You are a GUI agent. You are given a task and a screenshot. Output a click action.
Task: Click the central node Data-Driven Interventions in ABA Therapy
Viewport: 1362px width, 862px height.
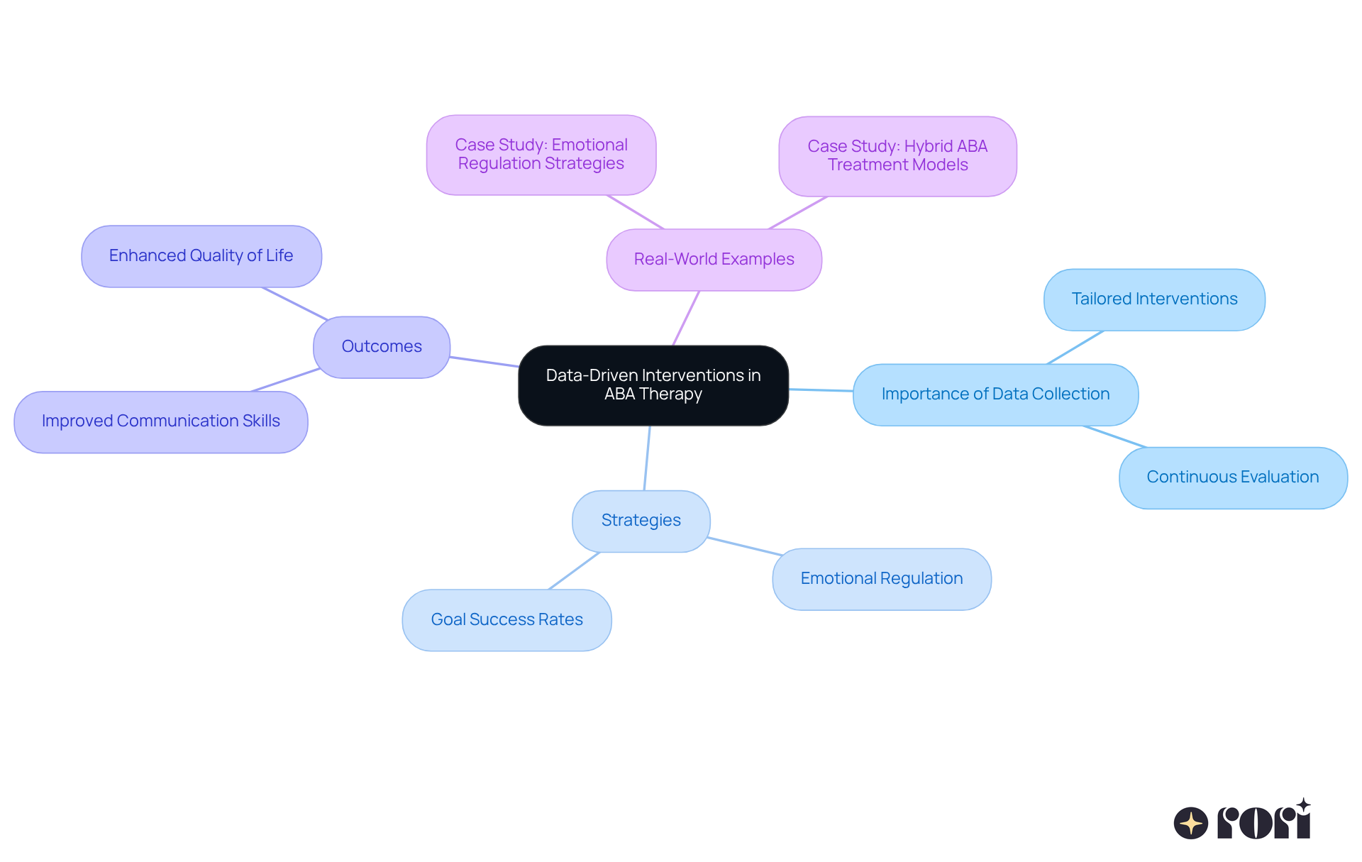(653, 385)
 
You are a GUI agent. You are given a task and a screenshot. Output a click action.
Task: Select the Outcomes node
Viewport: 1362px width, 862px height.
(382, 347)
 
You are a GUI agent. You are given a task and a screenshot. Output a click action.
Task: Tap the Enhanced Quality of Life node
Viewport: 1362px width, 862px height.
(201, 256)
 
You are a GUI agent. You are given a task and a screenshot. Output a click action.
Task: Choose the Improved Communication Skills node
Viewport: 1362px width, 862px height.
(161, 421)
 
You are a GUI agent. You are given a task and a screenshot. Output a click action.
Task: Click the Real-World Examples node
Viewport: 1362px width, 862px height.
(714, 260)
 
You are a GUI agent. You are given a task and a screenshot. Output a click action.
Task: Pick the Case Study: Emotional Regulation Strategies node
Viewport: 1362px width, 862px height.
(541, 155)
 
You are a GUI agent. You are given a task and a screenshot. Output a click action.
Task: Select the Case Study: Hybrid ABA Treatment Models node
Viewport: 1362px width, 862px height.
(897, 156)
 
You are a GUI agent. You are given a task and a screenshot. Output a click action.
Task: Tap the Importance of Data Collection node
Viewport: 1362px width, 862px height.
(995, 394)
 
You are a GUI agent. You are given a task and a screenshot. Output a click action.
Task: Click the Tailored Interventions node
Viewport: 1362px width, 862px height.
(1154, 299)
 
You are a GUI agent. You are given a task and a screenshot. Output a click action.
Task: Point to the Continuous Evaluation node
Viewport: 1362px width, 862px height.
(1233, 477)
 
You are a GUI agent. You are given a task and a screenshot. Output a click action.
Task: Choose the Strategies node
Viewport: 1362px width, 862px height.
(641, 521)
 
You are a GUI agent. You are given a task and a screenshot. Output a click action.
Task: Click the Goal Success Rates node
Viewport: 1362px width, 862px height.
(506, 620)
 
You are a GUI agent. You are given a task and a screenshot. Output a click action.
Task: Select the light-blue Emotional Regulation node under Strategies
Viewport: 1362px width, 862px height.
(882, 579)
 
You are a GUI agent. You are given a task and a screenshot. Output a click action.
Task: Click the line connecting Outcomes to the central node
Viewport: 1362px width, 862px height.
(485, 362)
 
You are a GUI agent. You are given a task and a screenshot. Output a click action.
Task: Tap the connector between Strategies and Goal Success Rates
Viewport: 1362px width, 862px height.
(574, 571)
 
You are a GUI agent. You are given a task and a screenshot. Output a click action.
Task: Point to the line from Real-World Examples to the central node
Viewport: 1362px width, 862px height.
(686, 318)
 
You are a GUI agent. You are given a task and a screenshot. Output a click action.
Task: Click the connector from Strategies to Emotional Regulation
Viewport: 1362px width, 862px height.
(745, 546)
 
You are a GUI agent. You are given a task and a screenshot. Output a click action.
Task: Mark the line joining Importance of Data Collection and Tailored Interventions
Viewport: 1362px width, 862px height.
(1075, 348)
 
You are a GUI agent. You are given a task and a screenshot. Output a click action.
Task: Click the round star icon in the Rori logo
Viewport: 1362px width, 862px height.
(1191, 824)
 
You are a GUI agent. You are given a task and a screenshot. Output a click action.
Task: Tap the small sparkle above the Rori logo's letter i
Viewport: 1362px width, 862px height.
(1303, 805)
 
